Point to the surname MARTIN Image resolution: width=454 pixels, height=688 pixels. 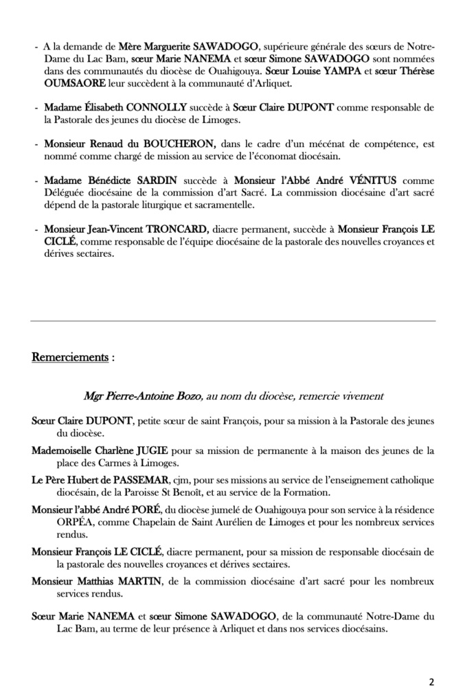click(x=137, y=582)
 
